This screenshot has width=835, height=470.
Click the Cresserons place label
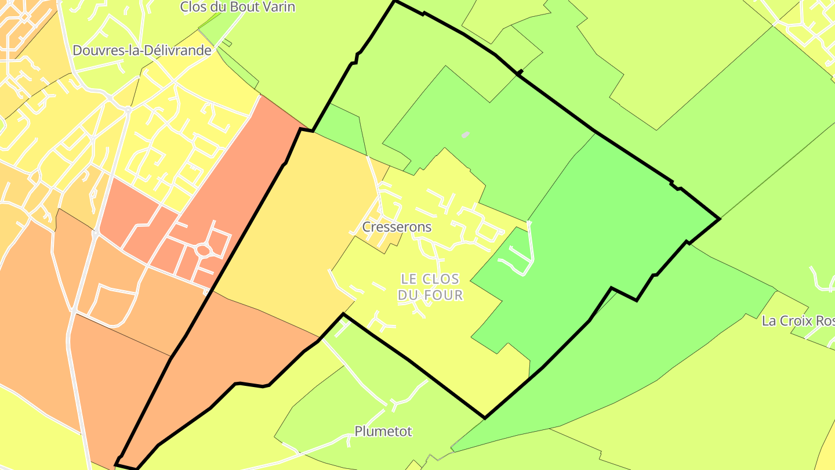coord(397,227)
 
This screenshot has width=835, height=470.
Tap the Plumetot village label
coord(383,431)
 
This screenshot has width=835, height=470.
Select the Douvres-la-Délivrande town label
coord(142,50)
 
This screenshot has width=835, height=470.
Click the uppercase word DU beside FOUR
coord(408,295)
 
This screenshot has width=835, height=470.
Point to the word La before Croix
coord(769,321)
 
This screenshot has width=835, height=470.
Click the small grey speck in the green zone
coord(465,135)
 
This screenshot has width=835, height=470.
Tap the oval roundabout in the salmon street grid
coord(202,250)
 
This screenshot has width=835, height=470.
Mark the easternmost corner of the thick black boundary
coord(720,219)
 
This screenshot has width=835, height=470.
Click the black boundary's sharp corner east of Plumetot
coord(485,417)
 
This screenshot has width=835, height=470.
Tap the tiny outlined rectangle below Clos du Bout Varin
coord(227,42)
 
